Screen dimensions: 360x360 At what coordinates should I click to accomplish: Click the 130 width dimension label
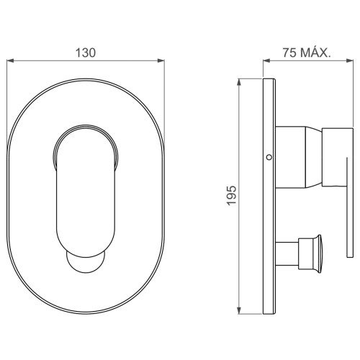pyautogui.click(x=86, y=53)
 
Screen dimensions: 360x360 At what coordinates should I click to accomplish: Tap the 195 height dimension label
pyautogui.click(x=232, y=195)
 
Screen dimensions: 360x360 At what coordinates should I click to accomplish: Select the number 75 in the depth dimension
pyautogui.click(x=289, y=53)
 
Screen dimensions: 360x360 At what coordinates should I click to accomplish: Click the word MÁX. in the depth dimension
pyautogui.click(x=315, y=52)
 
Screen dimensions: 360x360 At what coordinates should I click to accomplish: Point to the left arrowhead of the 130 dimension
pyautogui.click(x=10, y=60)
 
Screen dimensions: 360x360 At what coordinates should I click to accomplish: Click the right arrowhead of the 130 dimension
pyautogui.click(x=161, y=60)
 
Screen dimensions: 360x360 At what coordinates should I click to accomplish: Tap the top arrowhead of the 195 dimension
pyautogui.click(x=239, y=82)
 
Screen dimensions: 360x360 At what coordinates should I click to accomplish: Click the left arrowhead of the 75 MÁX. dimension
pyautogui.click(x=266, y=60)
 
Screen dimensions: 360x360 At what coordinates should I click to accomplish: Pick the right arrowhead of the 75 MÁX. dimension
pyautogui.click(x=350, y=60)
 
